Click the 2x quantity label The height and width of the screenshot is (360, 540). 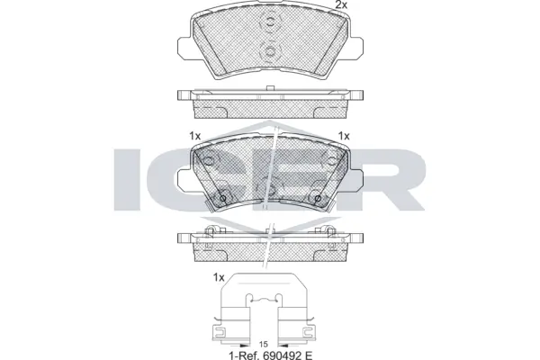[341, 6]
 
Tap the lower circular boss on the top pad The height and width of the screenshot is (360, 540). [269, 52]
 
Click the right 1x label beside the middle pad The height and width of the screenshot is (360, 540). [343, 136]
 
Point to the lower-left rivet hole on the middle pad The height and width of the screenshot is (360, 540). [224, 199]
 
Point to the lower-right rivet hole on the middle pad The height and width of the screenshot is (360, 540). [314, 199]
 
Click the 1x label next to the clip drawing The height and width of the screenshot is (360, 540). [218, 276]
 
